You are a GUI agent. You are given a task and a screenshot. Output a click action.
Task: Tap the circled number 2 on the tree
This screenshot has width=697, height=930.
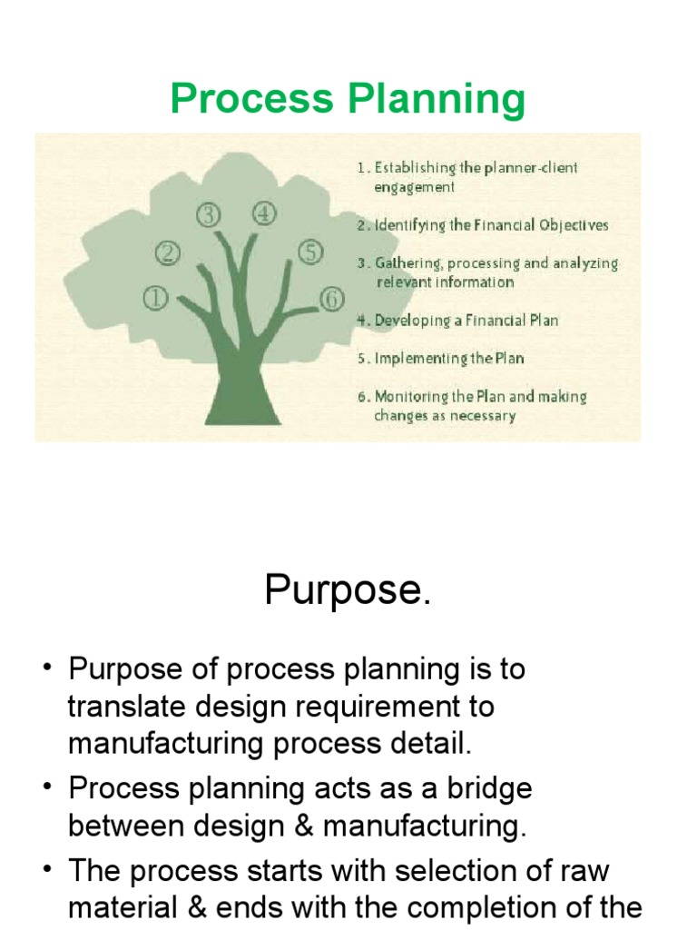(x=167, y=252)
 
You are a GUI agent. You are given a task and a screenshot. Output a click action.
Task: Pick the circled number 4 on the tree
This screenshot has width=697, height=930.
(x=264, y=214)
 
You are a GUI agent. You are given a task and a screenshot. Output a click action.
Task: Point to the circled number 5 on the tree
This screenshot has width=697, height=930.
(x=310, y=252)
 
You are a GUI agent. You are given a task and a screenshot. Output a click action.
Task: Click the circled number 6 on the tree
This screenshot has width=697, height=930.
(x=332, y=297)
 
